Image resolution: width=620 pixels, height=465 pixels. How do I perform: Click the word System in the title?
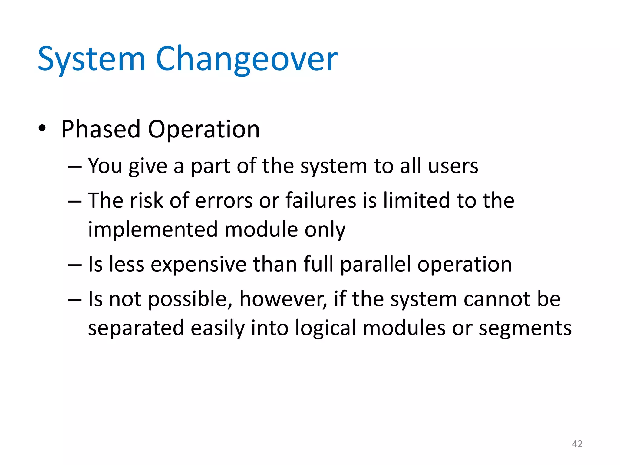click(x=91, y=59)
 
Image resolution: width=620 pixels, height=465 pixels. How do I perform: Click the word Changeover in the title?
click(x=247, y=59)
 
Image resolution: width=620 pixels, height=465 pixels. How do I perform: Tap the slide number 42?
click(x=577, y=444)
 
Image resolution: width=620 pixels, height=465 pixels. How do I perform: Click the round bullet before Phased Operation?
click(x=42, y=129)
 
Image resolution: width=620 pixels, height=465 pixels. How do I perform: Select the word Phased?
click(x=101, y=129)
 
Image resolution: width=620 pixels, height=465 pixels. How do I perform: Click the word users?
click(x=453, y=166)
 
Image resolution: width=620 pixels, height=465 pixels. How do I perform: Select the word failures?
click(x=321, y=201)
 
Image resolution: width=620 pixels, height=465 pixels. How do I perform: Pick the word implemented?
click(x=153, y=230)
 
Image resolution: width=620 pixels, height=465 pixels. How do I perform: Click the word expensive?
click(x=198, y=265)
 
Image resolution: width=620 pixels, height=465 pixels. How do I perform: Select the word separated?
click(x=136, y=328)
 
